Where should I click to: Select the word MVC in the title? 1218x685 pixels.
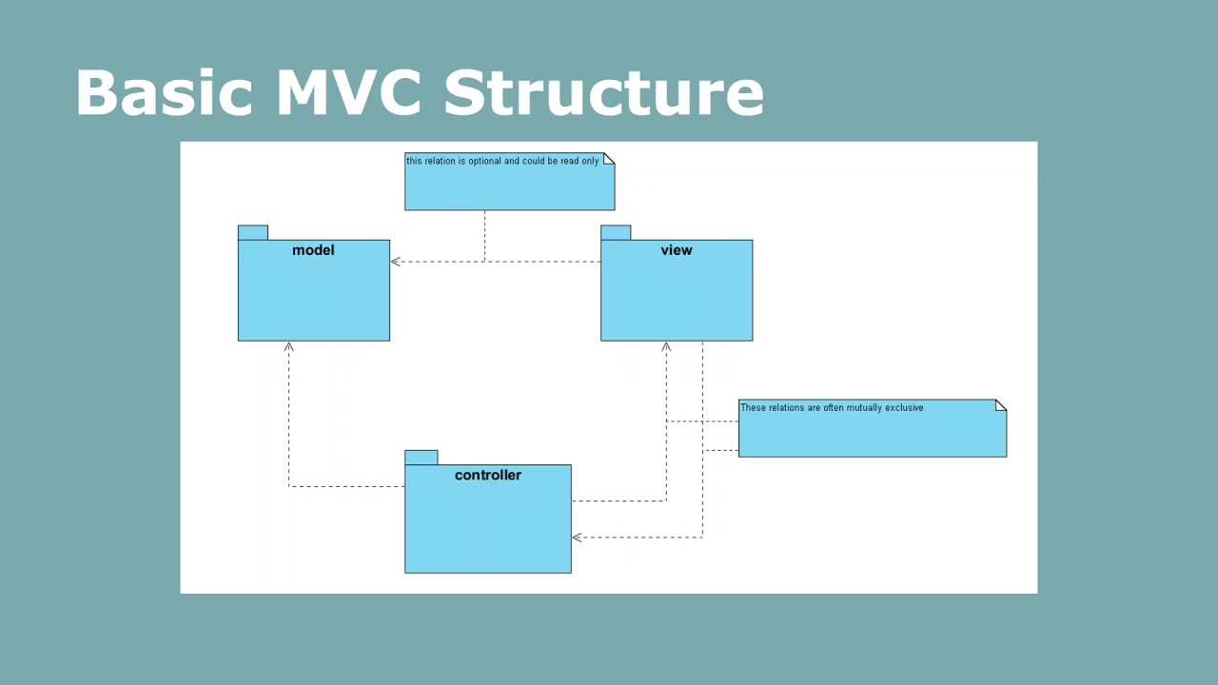348,93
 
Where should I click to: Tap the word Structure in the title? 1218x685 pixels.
603,93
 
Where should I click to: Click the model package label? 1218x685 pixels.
313,250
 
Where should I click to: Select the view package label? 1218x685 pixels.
677,250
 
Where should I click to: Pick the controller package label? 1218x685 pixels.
487,475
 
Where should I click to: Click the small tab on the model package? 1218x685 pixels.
252,232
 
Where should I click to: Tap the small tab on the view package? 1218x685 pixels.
616,232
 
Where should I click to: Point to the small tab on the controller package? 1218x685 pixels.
421,458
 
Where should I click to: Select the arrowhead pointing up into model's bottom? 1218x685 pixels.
289,347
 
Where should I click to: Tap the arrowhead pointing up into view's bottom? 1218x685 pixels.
666,347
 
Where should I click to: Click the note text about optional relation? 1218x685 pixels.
502,162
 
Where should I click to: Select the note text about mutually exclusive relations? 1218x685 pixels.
832,408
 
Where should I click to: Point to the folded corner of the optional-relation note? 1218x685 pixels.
609,158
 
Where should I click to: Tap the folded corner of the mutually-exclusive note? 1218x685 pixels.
1001,405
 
